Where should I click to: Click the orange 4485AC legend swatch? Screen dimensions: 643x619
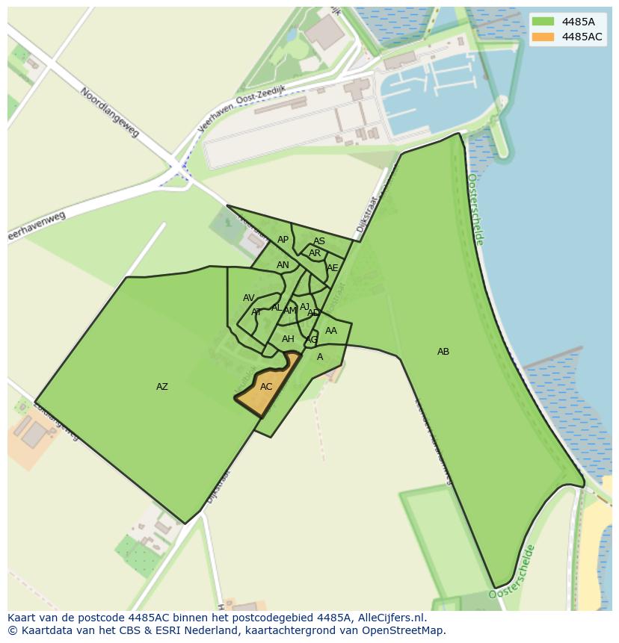pos(543,37)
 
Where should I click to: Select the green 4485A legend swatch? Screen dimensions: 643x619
pos(543,22)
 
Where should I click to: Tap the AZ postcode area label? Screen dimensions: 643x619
pos(162,387)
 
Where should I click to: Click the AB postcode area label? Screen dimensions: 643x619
pos(443,352)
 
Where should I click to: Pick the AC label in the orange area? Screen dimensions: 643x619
pos(266,387)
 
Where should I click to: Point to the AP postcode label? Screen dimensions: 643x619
pos(283,240)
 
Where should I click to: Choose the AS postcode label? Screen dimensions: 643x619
pos(319,241)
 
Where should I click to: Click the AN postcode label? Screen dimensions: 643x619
pos(283,265)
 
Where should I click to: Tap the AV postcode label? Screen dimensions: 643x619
pos(249,298)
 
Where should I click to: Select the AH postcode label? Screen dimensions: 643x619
pos(288,339)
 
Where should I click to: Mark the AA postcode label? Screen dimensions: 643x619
pos(331,331)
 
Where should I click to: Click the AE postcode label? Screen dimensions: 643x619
pos(333,268)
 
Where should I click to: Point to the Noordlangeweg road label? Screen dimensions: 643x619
pos(110,112)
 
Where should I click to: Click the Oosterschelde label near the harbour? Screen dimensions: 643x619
pos(475,209)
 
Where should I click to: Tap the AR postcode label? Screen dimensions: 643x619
pos(315,253)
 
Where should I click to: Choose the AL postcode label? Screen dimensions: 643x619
pos(277,308)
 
